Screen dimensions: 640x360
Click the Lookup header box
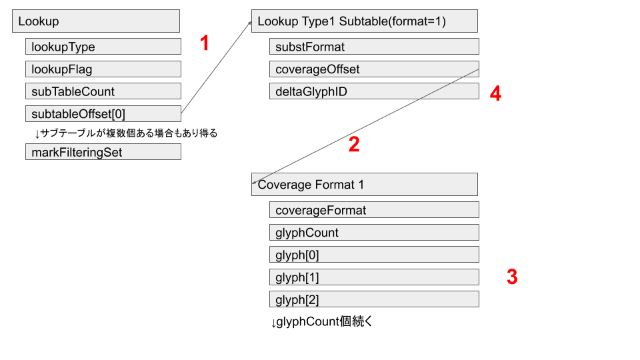click(96, 21)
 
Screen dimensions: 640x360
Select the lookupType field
click(103, 47)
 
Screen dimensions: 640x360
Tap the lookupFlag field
click(103, 69)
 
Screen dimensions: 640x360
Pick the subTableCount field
click(103, 91)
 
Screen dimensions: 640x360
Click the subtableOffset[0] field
click(103, 113)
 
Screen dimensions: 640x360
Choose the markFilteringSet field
click(103, 152)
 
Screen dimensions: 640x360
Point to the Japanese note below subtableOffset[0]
click(126, 133)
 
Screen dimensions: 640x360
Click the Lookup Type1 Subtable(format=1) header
click(365, 21)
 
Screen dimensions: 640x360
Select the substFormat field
click(374, 47)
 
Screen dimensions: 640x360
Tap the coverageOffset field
click(374, 69)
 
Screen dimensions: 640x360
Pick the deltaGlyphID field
click(374, 91)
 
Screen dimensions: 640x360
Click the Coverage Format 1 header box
click(365, 185)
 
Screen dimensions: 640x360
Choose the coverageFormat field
click(374, 210)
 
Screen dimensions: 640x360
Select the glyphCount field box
click(374, 232)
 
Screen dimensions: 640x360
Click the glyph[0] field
click(374, 254)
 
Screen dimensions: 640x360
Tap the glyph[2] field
click(374, 299)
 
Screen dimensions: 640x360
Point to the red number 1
click(205, 43)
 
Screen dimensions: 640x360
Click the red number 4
click(495, 93)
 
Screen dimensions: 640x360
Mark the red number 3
click(512, 277)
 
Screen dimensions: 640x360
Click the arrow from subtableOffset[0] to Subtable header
click(216, 67)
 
